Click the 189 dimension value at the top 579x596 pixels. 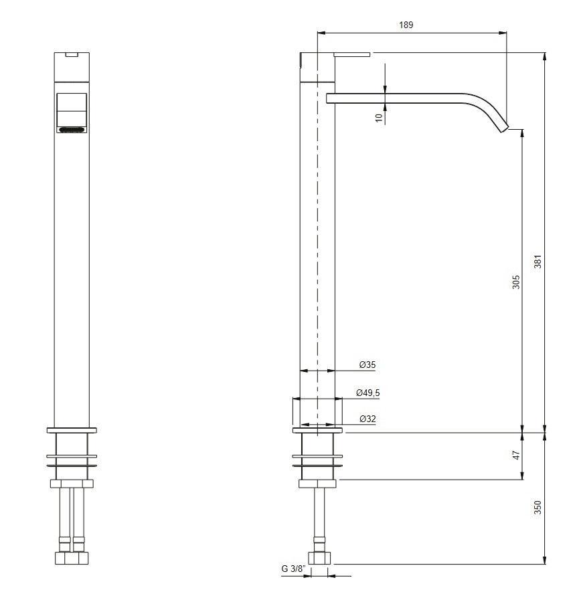coord(406,25)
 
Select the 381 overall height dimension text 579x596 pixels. coord(537,262)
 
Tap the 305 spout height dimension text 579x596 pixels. coord(516,282)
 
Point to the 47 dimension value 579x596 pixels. coord(516,455)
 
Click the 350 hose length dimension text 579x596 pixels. coord(537,508)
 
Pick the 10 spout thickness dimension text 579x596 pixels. coord(379,118)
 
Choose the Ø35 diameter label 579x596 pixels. coord(367,365)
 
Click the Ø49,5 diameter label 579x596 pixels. coord(368,393)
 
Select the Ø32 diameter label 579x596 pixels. coord(367,419)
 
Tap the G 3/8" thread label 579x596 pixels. coord(293,569)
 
